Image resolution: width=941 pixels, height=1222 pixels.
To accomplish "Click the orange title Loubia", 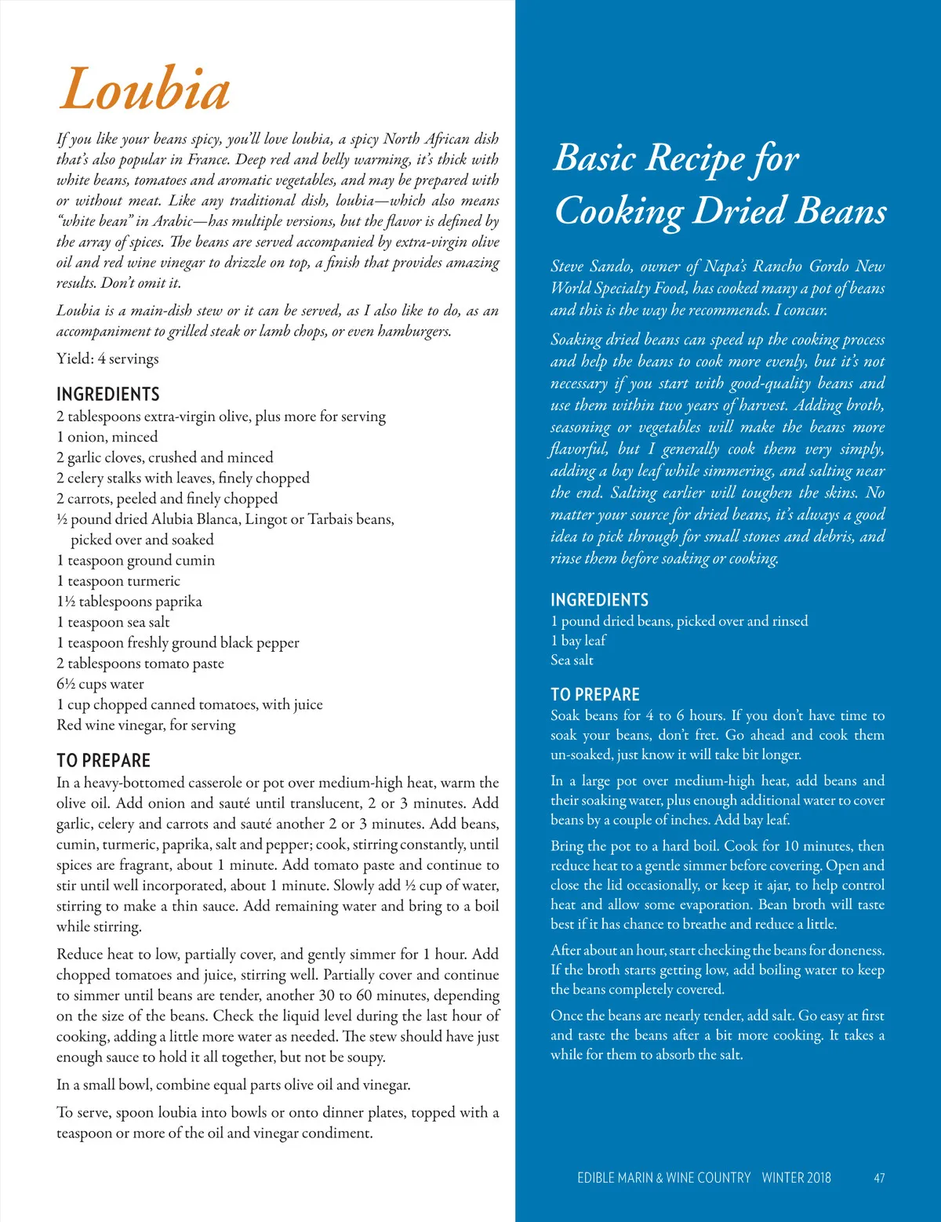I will tap(145, 89).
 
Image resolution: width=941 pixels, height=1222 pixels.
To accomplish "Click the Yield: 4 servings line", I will tap(107, 358).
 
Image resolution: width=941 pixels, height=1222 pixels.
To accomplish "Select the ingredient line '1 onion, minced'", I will tap(107, 437).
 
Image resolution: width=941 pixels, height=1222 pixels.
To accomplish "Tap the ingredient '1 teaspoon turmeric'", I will tap(118, 581).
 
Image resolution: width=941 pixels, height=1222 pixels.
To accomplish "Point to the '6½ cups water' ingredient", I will tap(100, 684).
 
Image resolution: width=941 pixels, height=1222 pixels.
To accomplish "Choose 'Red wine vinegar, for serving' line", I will tap(146, 725).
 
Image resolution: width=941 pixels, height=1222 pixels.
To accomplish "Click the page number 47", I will tap(879, 1177).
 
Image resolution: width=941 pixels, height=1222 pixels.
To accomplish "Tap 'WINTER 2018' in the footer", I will tap(796, 1177).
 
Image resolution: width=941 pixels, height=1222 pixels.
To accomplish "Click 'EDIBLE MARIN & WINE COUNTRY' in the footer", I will tap(663, 1177).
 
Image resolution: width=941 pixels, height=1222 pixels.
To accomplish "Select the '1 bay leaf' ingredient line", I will tap(578, 641).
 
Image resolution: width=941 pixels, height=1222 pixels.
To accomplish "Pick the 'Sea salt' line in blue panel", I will tap(572, 660).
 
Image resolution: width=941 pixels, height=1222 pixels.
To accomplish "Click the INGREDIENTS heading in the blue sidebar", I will tap(599, 600).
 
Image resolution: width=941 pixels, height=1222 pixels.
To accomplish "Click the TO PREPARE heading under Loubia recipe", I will tap(104, 760).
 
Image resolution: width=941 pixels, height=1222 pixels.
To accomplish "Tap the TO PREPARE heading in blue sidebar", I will tap(595, 694).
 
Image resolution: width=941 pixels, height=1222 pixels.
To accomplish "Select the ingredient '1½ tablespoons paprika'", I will tap(129, 602).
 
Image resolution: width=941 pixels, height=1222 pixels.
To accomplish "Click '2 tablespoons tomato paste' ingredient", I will tap(140, 664).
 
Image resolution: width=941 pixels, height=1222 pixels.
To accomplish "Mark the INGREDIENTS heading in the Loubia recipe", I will tap(108, 394).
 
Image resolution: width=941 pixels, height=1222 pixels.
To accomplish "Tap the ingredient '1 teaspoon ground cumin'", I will tap(136, 560).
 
